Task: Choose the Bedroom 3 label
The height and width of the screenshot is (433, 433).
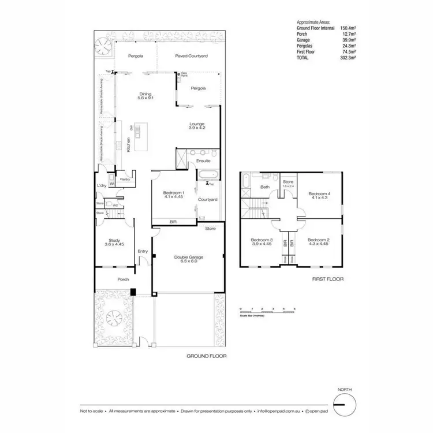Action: point(261,240)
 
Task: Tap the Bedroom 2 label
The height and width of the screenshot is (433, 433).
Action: point(318,240)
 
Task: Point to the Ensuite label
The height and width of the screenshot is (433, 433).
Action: point(204,160)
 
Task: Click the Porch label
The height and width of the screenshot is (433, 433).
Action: point(123,280)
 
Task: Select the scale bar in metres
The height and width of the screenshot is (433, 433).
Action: point(267,312)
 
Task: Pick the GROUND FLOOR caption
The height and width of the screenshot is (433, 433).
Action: point(206,356)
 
